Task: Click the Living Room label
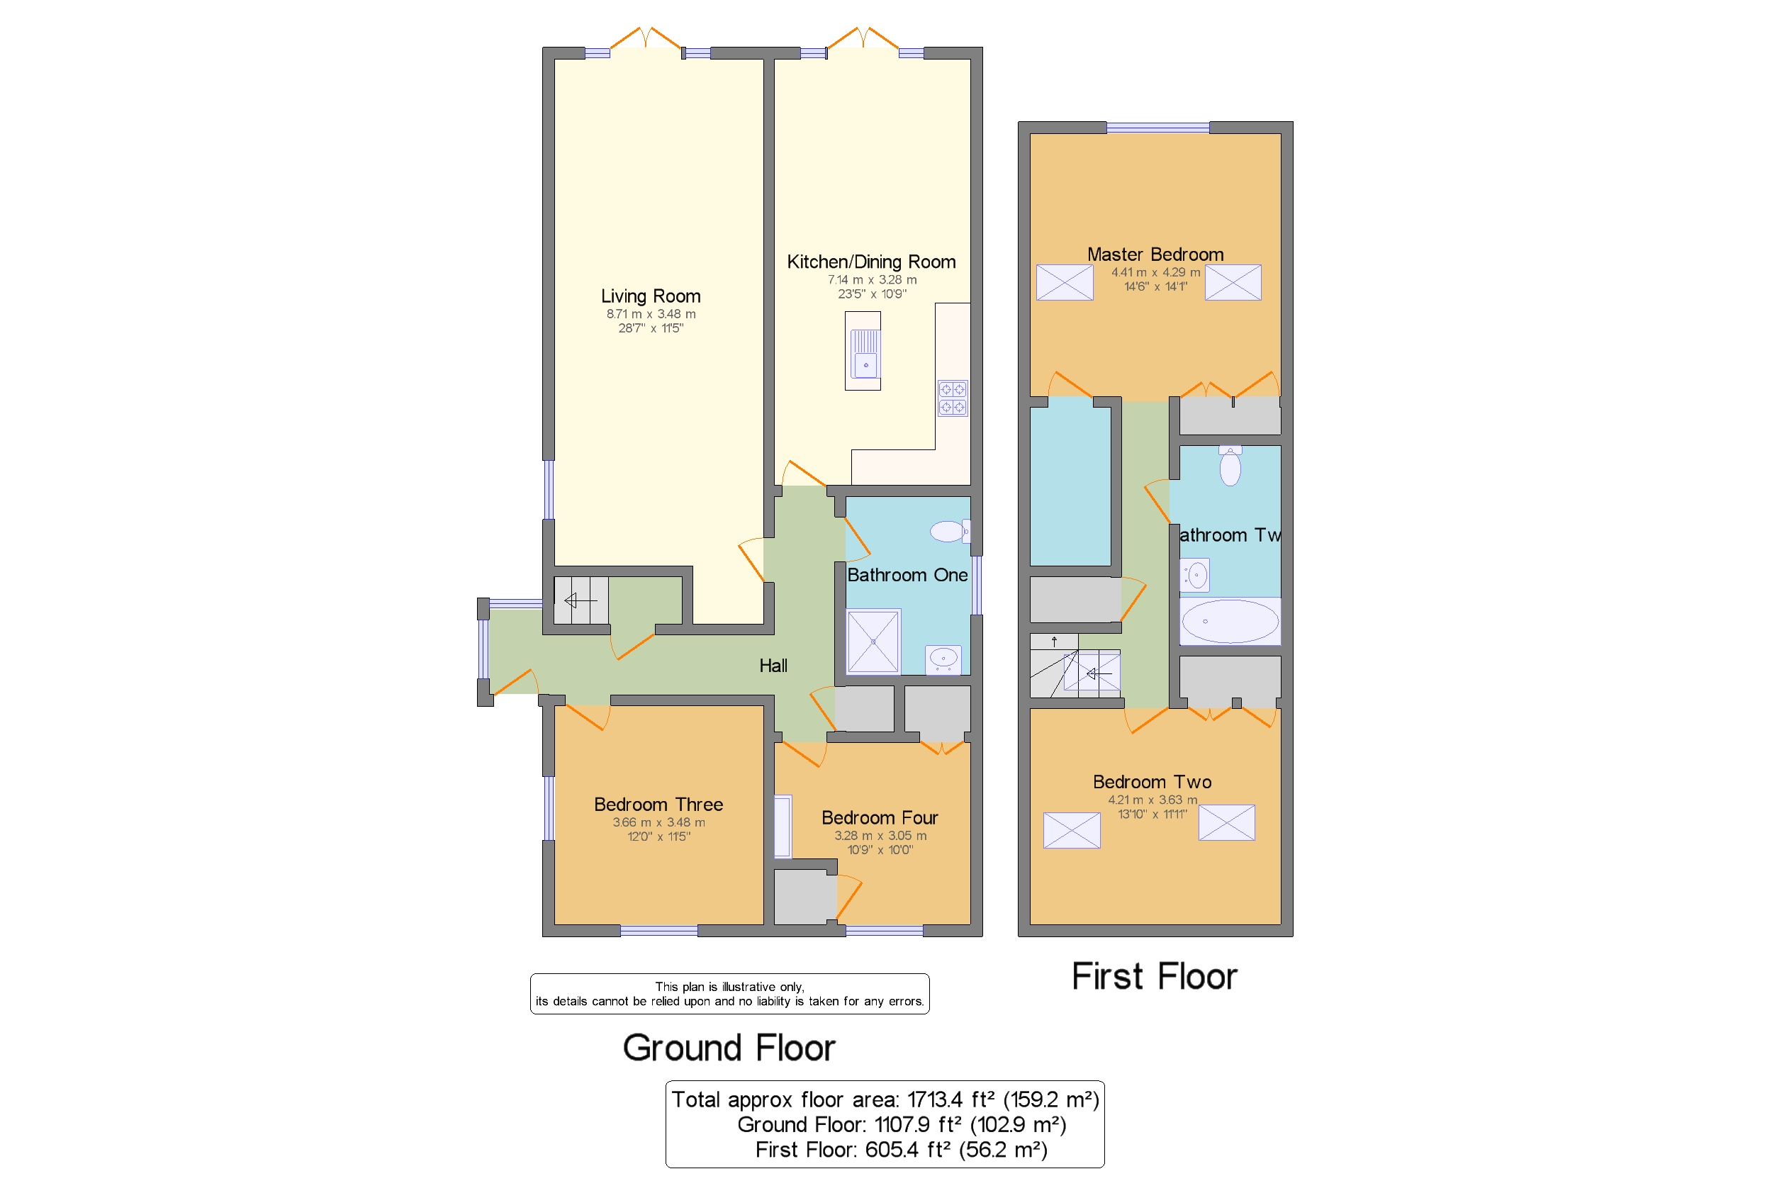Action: (650, 296)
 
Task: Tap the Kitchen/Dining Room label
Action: (870, 262)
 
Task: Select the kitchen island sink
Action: (865, 352)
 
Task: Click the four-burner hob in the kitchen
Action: (952, 398)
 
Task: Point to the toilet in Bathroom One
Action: (949, 531)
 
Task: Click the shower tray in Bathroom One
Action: (873, 640)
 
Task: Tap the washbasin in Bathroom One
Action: (942, 659)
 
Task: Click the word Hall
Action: (773, 665)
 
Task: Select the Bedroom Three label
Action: (658, 804)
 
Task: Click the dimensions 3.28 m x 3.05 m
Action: (880, 835)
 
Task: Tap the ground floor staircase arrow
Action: (580, 600)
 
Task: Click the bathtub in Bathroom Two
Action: (1229, 621)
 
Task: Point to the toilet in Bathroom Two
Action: (1229, 466)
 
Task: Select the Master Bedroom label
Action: (1155, 254)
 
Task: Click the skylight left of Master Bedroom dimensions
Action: (1063, 281)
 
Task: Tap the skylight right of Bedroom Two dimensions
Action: (1226, 822)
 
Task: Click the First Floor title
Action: (1153, 976)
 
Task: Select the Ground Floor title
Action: (728, 1047)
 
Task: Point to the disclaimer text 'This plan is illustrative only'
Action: (728, 986)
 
